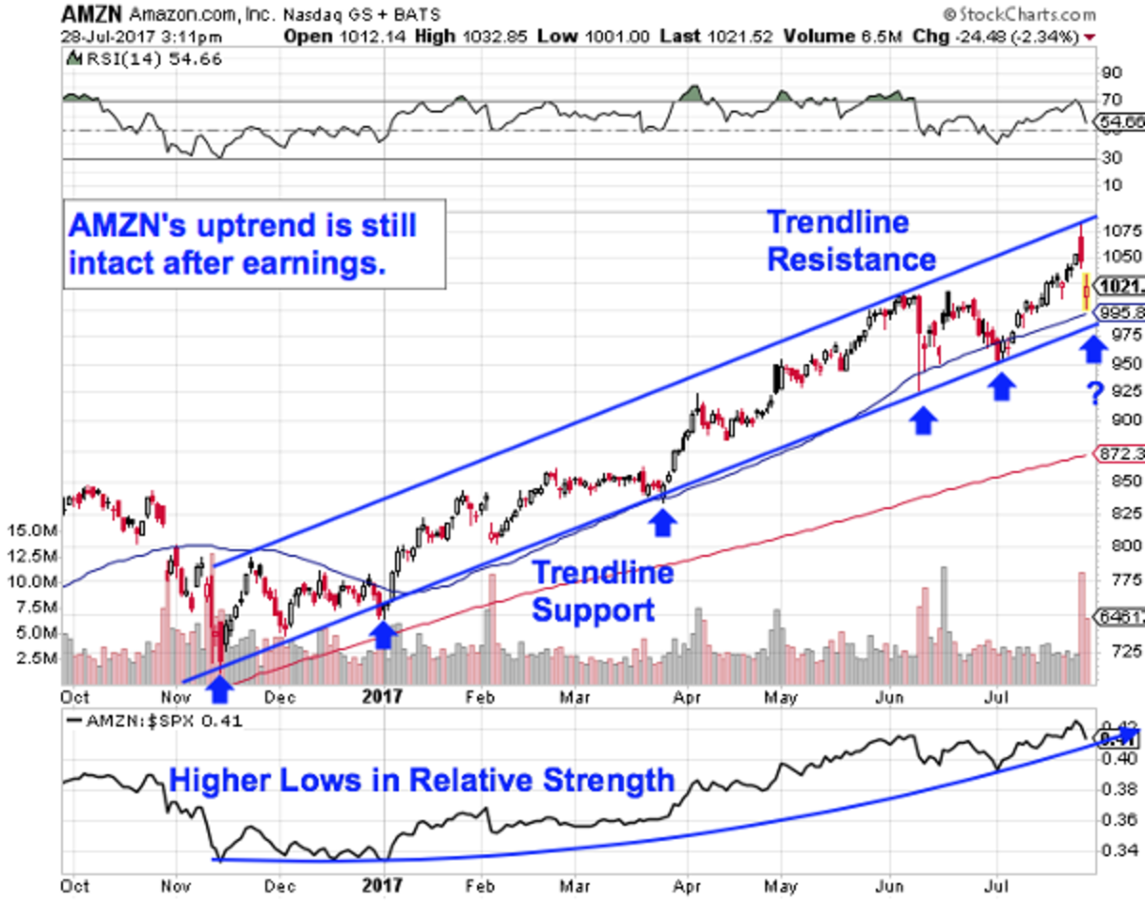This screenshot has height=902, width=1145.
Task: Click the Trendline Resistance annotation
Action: click(x=851, y=240)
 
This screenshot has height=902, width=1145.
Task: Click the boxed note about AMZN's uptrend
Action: click(x=255, y=244)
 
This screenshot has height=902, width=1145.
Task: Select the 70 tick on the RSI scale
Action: click(x=1111, y=99)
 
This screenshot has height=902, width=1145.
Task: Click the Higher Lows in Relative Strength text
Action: click(x=422, y=782)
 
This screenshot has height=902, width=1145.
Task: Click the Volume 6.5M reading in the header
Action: click(x=820, y=36)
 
